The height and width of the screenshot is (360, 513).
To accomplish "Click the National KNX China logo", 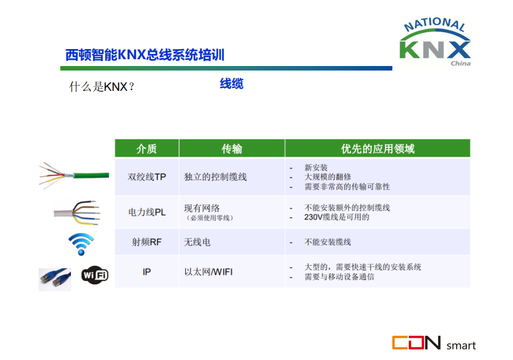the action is pyautogui.click(x=435, y=42).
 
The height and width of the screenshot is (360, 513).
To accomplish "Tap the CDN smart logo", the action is pyautogui.click(x=434, y=343).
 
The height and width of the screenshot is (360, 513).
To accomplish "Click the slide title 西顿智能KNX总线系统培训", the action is pyautogui.click(x=145, y=55).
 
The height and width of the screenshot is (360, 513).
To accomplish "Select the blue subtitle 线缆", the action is pyautogui.click(x=232, y=84).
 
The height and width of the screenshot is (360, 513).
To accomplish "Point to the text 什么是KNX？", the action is pyautogui.click(x=101, y=87).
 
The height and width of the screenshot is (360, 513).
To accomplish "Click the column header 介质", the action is pyautogui.click(x=147, y=149).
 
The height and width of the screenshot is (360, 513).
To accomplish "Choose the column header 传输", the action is pyautogui.click(x=232, y=149).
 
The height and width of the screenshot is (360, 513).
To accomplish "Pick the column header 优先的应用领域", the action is pyautogui.click(x=378, y=149).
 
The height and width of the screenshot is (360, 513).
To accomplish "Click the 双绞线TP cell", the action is pyautogui.click(x=147, y=177).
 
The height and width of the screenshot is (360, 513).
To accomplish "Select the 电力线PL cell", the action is pyautogui.click(x=147, y=212).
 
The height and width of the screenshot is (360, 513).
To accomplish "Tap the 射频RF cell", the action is pyautogui.click(x=147, y=242).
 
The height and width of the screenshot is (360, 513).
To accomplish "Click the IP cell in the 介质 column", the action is pyautogui.click(x=147, y=272).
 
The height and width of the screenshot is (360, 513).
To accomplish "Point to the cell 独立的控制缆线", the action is pyautogui.click(x=215, y=177).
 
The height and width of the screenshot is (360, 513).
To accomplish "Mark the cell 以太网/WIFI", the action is pyautogui.click(x=209, y=272).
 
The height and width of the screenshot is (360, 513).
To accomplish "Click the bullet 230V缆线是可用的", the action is pyautogui.click(x=337, y=217).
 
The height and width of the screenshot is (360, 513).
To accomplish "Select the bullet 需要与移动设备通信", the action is pyautogui.click(x=339, y=277).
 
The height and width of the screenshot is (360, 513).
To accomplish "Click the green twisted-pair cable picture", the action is pyautogui.click(x=74, y=176).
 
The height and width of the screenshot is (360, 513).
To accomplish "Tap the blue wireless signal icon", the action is pyautogui.click(x=81, y=244).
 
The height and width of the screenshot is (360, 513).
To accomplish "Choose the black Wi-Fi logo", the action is pyautogui.click(x=95, y=275).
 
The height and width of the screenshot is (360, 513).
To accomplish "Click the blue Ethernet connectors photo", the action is pyautogui.click(x=55, y=279).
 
